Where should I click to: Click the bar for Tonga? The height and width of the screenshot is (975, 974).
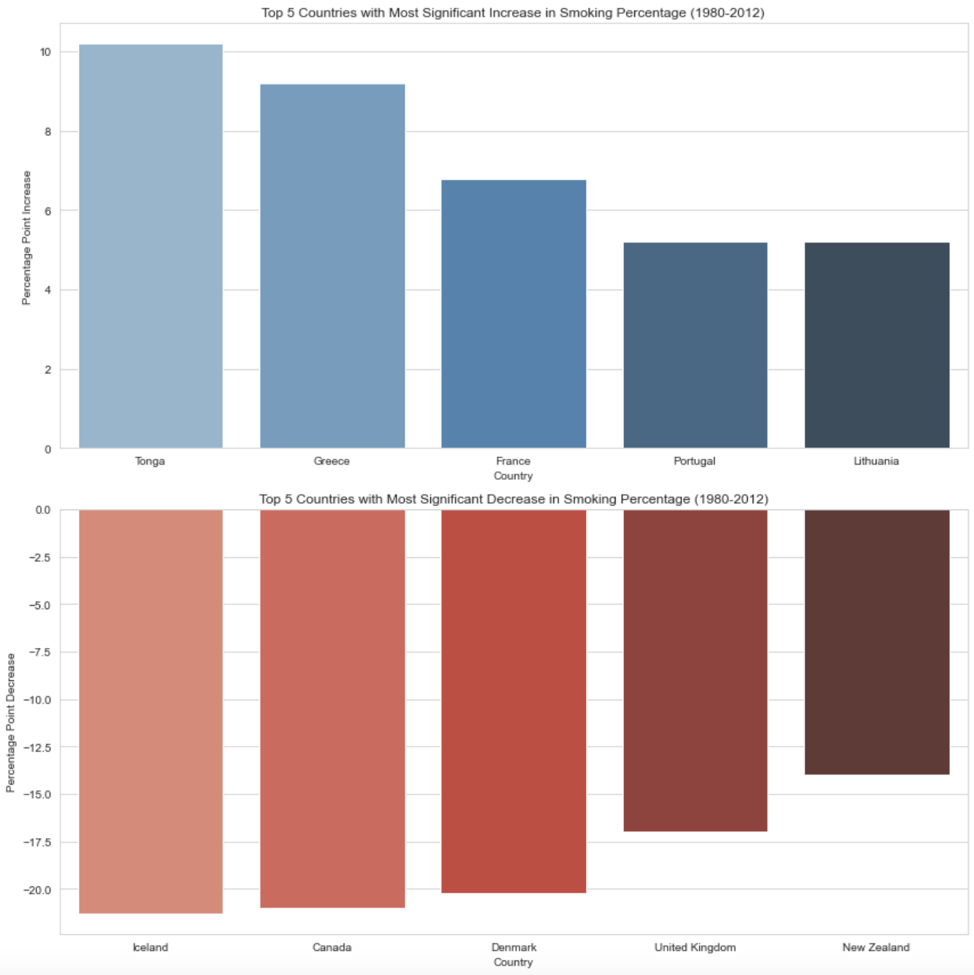pyautogui.click(x=151, y=246)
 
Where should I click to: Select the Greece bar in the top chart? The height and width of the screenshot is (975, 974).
pyautogui.click(x=332, y=266)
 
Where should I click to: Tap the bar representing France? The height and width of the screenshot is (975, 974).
pyautogui.click(x=513, y=314)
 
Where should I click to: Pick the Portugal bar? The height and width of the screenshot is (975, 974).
pyautogui.click(x=695, y=345)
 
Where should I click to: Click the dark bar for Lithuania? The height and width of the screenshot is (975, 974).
pyautogui.click(x=876, y=345)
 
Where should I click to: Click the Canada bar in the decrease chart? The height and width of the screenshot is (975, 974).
pyautogui.click(x=332, y=708)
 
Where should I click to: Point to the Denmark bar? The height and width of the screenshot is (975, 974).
pyautogui.click(x=513, y=701)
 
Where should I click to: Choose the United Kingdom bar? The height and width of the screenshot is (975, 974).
pyautogui.click(x=695, y=670)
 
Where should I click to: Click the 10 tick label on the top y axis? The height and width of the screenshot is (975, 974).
pyautogui.click(x=46, y=53)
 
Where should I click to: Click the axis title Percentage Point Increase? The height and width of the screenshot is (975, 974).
pyautogui.click(x=27, y=238)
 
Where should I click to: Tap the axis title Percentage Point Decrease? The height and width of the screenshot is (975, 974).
pyautogui.click(x=10, y=723)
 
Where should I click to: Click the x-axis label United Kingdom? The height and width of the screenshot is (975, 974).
pyautogui.click(x=695, y=947)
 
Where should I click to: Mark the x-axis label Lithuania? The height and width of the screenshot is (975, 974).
pyautogui.click(x=876, y=461)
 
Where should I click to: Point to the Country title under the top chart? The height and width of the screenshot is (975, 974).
pyautogui.click(x=513, y=476)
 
